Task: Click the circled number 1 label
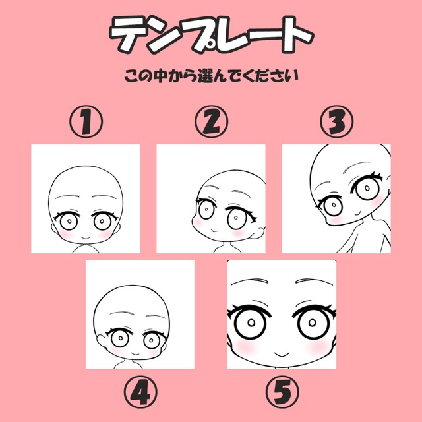(x=86, y=121)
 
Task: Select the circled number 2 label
(x=211, y=121)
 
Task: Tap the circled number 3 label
(x=337, y=121)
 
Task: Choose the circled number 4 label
(x=140, y=392)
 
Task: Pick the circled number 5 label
(x=282, y=392)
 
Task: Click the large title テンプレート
(x=212, y=34)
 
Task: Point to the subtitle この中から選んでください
(x=212, y=76)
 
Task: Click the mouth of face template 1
(x=86, y=239)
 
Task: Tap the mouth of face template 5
(x=282, y=354)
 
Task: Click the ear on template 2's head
(x=257, y=233)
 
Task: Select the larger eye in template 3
(x=367, y=187)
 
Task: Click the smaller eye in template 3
(x=332, y=205)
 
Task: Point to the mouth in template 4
(x=135, y=353)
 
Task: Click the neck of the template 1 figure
(x=86, y=248)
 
